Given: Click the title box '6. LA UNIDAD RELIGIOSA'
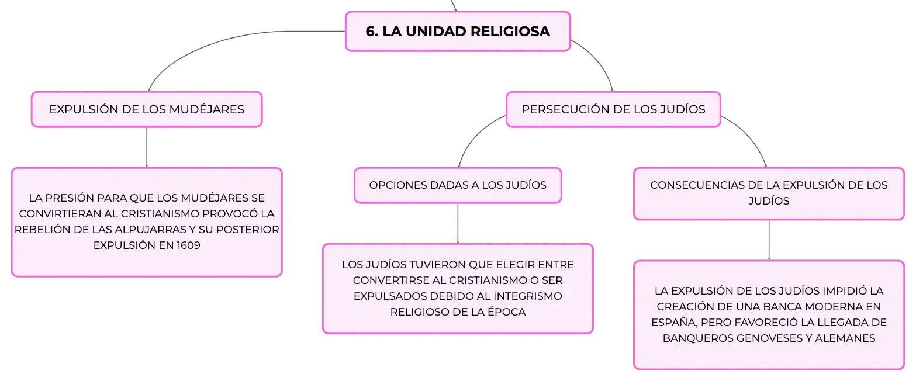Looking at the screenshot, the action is tap(458, 32).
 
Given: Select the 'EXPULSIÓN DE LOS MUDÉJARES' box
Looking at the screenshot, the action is tap(147, 109).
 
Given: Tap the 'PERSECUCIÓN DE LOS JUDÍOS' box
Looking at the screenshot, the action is tap(613, 109).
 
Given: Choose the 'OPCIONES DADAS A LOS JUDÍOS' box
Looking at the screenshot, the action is tap(458, 185).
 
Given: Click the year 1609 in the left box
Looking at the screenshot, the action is tap(188, 245).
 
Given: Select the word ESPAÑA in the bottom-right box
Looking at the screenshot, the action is tap(674, 322).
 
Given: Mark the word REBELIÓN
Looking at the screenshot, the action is tap(42, 229).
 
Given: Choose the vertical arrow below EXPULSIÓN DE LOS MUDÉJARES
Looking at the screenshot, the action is tap(147, 147).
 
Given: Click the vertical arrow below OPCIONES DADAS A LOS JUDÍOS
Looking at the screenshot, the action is tap(458, 224).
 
